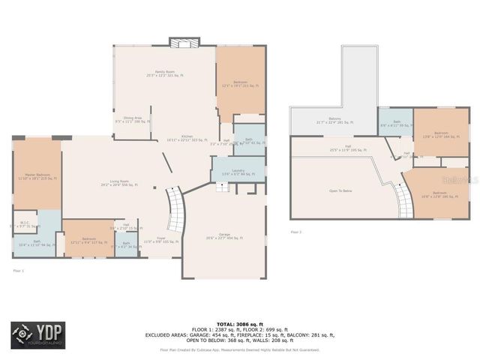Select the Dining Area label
tap(133, 118)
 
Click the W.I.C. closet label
tap(23, 223)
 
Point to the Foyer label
tap(157, 241)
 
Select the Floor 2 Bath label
tap(396, 124)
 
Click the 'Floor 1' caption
tap(19, 270)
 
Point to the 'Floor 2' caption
tap(296, 232)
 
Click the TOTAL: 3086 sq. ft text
tap(239, 322)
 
